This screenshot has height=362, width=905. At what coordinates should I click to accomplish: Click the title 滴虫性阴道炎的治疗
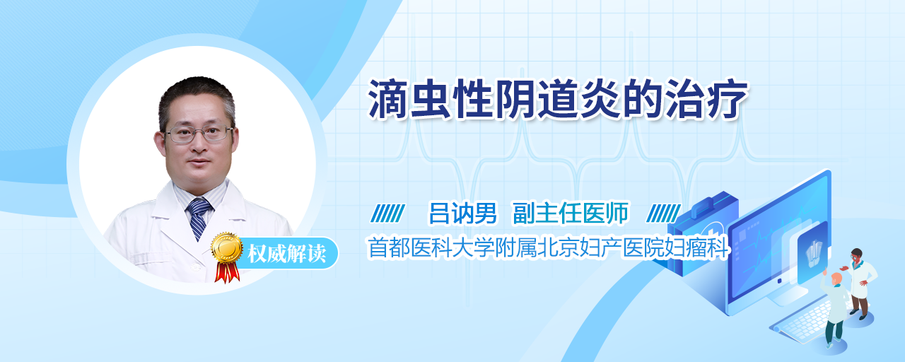pos(558,100)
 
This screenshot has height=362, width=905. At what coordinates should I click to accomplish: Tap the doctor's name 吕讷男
pos(462,213)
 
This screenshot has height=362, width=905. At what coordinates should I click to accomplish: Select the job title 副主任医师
pos(571,213)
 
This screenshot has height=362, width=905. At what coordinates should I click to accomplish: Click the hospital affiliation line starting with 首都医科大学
pos(548,247)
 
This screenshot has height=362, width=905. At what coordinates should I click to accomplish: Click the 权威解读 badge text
pos(287,253)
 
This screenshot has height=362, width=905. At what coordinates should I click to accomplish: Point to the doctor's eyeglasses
pos(199,134)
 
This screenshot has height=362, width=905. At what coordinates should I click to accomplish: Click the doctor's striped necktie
pos(199,218)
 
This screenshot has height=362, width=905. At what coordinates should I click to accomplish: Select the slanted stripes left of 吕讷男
pos(388,214)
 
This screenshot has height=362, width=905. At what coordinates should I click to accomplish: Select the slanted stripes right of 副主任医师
pos(663,214)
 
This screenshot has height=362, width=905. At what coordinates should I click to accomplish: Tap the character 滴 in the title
pos(388,100)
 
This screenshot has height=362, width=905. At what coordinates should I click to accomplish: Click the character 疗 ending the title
pos(728,100)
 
